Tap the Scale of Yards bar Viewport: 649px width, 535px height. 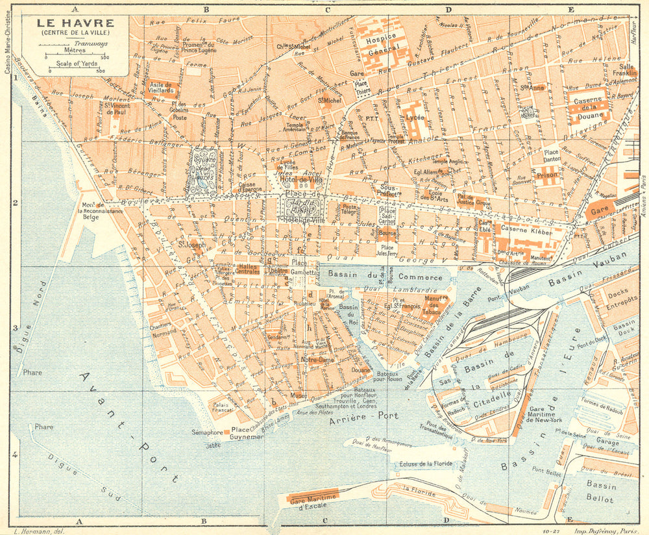(73, 69)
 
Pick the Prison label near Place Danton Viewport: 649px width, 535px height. (546, 175)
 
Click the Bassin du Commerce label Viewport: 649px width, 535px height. (384, 277)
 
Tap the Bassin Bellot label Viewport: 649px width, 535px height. (599, 491)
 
